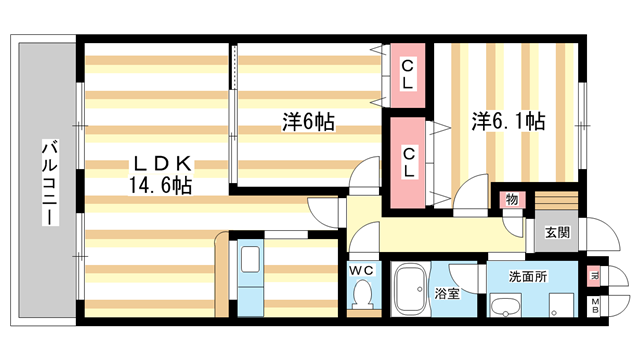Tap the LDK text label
tap(159, 164)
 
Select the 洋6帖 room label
tap(308, 122)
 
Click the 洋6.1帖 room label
tap(508, 122)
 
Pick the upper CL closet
tap(408, 74)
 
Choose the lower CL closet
tap(408, 162)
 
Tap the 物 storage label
tap(512, 199)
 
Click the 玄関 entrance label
tap(557, 233)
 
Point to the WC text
tap(361, 269)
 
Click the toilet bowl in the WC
tap(361, 295)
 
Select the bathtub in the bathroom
tap(408, 291)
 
